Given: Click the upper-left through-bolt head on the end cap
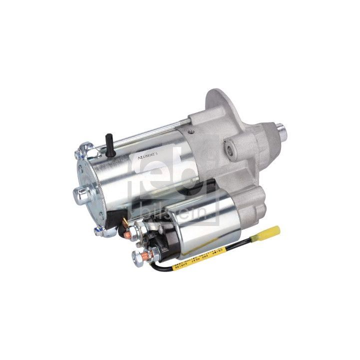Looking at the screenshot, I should [82, 148].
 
